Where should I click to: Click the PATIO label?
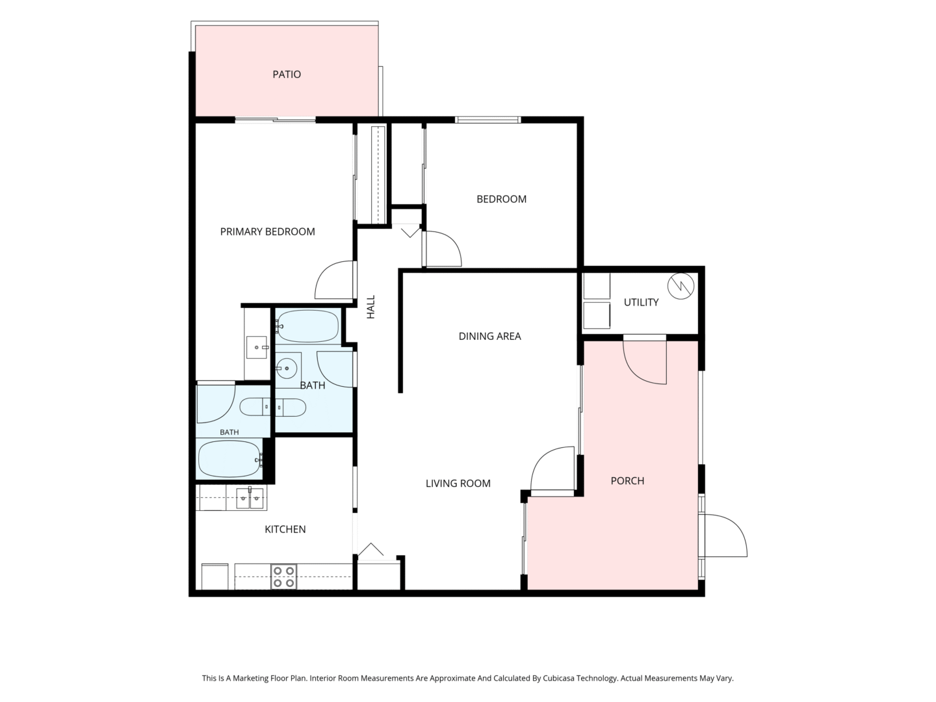pos(287,75)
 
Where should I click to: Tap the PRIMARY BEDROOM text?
pos(267,231)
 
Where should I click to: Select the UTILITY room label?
pos(641,302)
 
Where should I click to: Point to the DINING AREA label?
pos(489,336)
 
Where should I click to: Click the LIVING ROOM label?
pos(458,484)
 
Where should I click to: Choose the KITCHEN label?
pos(285,529)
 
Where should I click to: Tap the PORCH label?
pos(627,481)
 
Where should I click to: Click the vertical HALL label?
pos(371,307)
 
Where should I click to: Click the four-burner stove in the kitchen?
pos(284,577)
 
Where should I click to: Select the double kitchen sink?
pos(250,498)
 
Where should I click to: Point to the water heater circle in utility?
pos(681,286)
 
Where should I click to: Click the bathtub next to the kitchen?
pos(229,459)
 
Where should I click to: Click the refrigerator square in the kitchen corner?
pos(214,577)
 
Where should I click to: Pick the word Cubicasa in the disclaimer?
pos(558,678)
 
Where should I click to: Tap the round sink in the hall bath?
pos(287,367)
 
